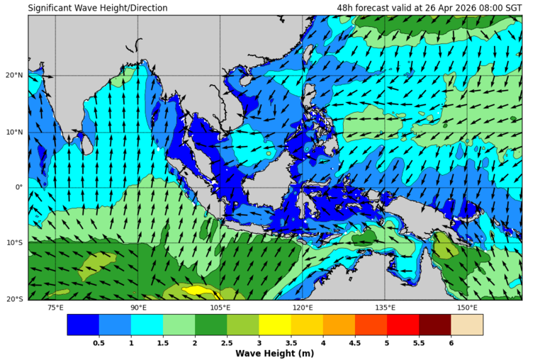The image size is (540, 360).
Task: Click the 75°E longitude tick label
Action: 55,307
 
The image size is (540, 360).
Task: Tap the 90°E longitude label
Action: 138,307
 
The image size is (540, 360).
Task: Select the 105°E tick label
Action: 220,307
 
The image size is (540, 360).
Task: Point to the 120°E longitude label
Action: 303,307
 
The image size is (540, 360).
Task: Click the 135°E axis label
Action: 385,307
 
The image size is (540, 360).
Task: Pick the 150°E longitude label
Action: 467,307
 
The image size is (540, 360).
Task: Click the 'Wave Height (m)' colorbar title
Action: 275,353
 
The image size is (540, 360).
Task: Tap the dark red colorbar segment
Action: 434,325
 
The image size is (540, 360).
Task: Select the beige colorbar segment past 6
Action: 467,325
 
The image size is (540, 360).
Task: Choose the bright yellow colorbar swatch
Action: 275,325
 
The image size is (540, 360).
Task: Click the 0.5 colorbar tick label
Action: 99,343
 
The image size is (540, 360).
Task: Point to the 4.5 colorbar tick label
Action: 355,343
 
